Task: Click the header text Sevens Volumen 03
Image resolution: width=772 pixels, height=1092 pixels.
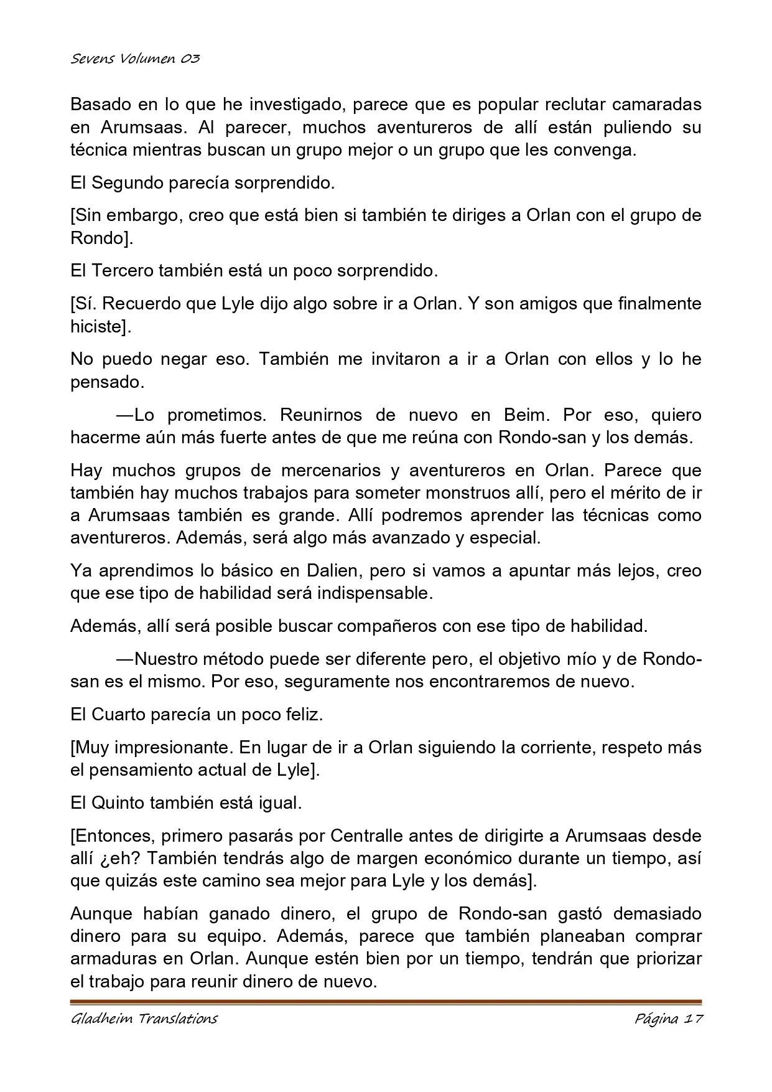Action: (x=135, y=59)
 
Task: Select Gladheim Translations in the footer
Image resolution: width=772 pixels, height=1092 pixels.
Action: (x=144, y=1019)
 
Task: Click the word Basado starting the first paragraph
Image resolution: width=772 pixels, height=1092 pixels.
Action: (x=98, y=104)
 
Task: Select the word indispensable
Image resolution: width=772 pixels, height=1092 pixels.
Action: (x=374, y=593)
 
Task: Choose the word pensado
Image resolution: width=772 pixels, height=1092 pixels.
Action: (x=106, y=382)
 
